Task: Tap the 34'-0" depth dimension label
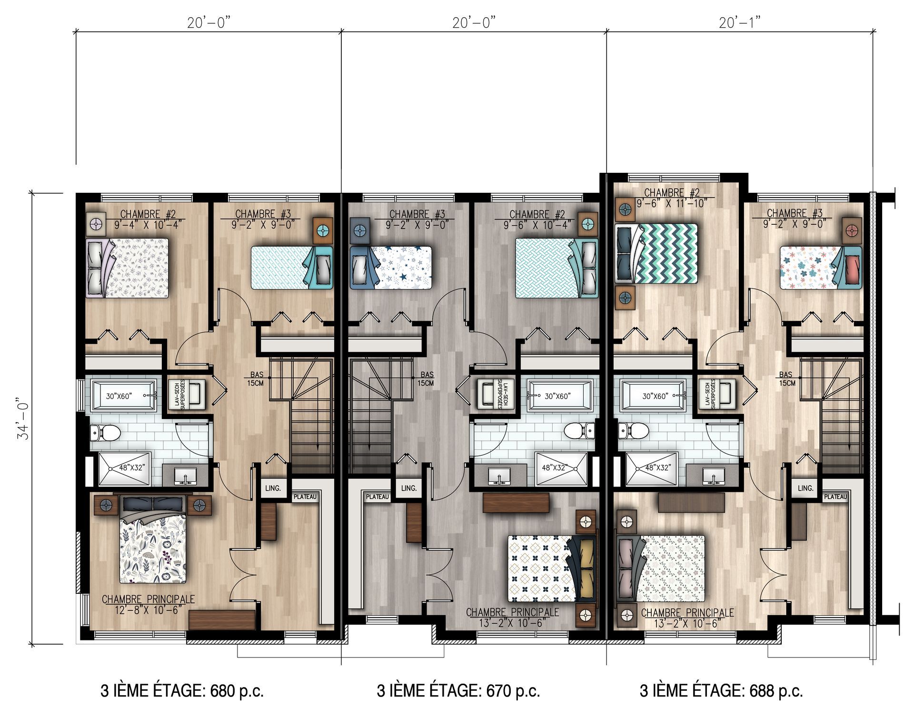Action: point(24,419)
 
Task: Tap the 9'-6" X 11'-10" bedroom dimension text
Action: point(673,203)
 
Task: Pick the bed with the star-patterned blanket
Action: point(391,268)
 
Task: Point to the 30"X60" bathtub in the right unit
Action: point(653,396)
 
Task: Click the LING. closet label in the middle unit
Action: point(408,488)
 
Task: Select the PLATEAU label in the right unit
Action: point(835,497)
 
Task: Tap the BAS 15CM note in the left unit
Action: point(256,379)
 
